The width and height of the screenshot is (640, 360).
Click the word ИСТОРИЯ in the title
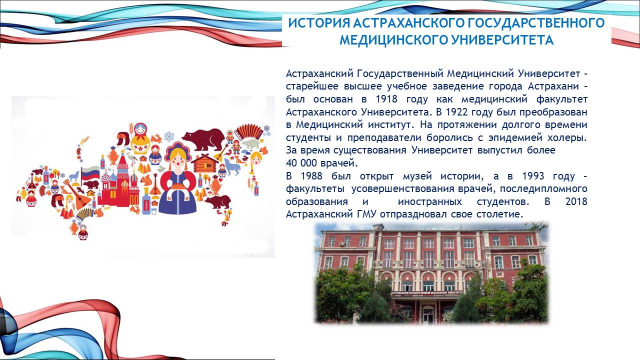pos(319,23)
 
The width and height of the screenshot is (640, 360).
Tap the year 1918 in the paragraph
pos(386,99)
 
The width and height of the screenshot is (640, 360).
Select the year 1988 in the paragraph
pos(311,176)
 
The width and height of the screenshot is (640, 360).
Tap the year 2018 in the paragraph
pos(576,201)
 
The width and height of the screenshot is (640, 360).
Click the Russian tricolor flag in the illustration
pos(90,173)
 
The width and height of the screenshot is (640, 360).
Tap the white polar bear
pos(251,143)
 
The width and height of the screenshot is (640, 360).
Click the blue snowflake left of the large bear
pos(169,136)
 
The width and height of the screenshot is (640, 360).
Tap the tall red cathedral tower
pos(123,171)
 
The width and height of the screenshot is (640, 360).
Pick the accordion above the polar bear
pos(248,131)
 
